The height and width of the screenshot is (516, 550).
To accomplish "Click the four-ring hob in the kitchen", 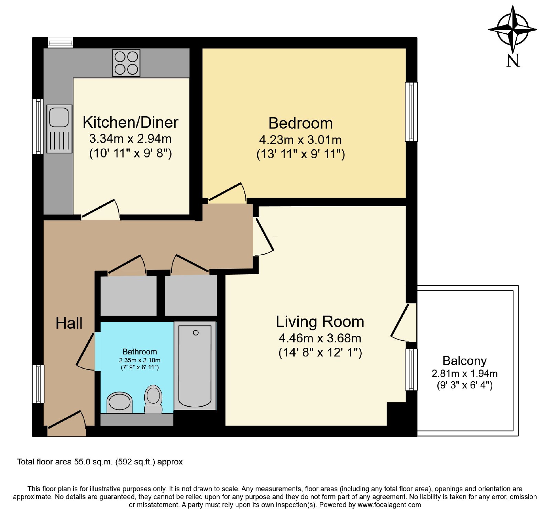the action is [126, 63].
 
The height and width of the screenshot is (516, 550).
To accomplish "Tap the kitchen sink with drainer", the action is [59, 129].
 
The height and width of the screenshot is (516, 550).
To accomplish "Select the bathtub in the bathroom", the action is [195, 365].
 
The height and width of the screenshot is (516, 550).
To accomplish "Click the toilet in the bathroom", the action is [153, 399].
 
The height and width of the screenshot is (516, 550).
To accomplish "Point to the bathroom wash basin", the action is [120, 403].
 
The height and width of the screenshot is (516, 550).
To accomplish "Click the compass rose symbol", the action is [513, 30].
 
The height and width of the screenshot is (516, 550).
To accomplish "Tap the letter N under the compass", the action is [513, 61].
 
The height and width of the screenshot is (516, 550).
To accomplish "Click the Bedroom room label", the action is [300, 123].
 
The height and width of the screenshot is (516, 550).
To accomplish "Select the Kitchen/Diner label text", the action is [131, 122].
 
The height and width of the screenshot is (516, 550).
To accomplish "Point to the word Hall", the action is [69, 323].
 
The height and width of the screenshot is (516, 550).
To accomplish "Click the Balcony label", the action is [465, 361].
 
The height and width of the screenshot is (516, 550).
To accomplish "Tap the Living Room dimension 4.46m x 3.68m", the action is [320, 338].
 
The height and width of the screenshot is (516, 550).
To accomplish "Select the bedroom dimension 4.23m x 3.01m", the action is [300, 140].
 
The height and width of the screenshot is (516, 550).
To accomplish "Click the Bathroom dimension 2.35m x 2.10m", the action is [140, 360].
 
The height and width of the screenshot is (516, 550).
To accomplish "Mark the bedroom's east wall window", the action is [411, 112].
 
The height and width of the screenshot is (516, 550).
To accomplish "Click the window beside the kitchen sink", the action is [38, 126].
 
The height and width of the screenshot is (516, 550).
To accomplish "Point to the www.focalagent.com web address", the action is [389, 505].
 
